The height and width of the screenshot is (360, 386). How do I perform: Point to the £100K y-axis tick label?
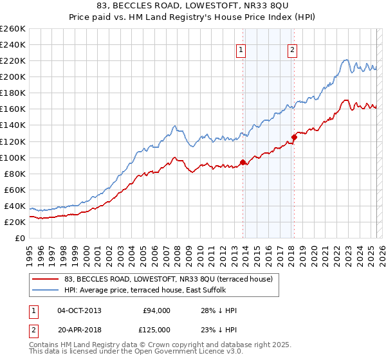coord(13,157)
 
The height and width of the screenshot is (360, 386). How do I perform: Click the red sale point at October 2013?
coord(243,162)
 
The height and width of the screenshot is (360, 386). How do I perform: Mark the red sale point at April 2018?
coord(294,137)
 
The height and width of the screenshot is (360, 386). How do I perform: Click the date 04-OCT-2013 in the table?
coord(79,310)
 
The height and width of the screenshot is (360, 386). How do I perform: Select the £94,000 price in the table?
coord(156,310)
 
